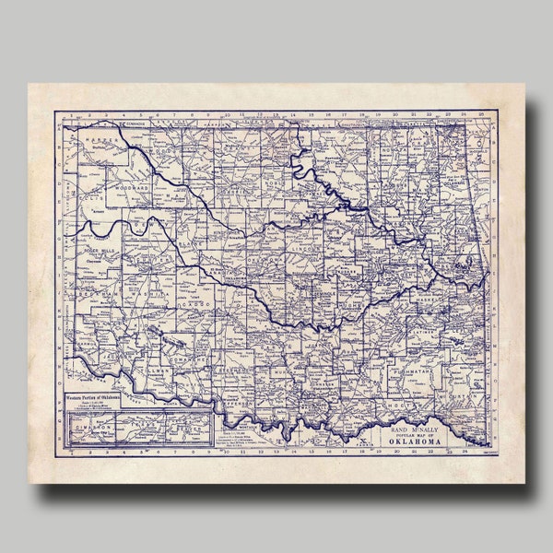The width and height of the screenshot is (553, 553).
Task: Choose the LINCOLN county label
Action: [304, 249]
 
